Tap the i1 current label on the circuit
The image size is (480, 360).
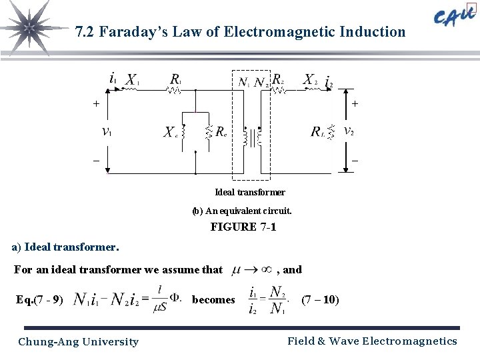click(113, 79)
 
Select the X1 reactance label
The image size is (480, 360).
click(132, 80)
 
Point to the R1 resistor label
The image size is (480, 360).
click(175, 80)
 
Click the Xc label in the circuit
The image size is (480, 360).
click(171, 132)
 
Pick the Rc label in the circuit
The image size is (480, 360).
click(221, 132)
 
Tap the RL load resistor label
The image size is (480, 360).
click(319, 132)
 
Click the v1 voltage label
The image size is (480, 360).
click(107, 132)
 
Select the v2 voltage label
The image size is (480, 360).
click(348, 131)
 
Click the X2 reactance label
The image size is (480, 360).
click(310, 80)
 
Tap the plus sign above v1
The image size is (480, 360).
click(96, 104)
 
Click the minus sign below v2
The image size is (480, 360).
click(355, 161)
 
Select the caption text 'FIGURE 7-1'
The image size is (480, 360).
click(243, 227)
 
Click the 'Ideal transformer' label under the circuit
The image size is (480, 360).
click(250, 192)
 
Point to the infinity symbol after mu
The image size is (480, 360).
click(265, 270)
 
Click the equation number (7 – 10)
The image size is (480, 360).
click(320, 300)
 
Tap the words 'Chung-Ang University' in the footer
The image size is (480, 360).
click(79, 342)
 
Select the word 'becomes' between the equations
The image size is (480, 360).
click(213, 300)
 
